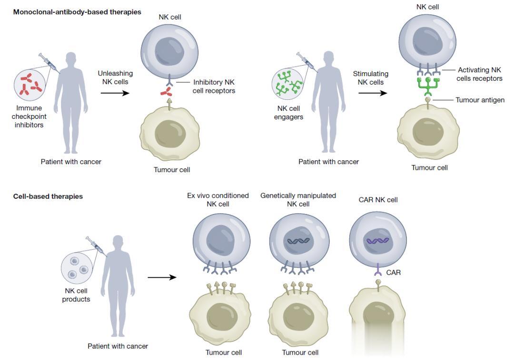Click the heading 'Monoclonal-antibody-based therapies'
coord(77,12)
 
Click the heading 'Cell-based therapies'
coord(48,196)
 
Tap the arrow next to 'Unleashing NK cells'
coord(115,93)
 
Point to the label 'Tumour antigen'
coord(480,100)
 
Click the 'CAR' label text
coord(394,272)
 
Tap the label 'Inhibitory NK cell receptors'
coord(214,86)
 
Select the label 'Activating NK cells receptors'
coord(480,74)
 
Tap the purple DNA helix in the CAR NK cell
coord(378,241)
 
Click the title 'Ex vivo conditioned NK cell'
coord(218,200)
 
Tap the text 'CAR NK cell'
coord(378,200)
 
